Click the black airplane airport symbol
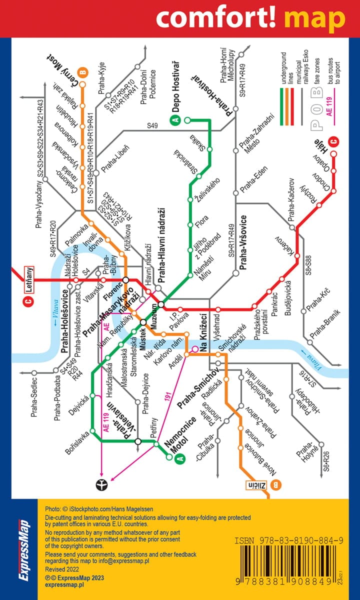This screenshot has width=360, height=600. (x=101, y=484)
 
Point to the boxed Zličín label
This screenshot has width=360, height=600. (x=259, y=484)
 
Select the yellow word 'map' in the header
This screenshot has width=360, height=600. (x=314, y=18)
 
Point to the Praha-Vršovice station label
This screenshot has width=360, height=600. (x=243, y=242)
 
